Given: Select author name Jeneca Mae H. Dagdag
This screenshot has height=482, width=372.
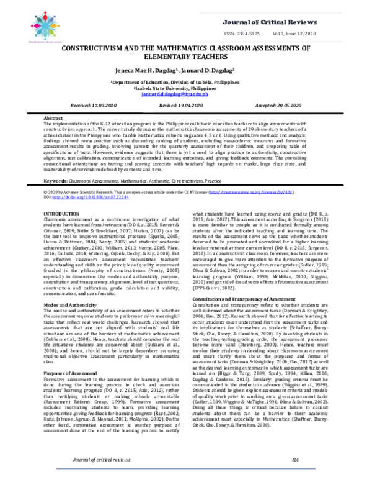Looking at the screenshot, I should (141, 71).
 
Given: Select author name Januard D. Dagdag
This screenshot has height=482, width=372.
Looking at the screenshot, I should (211, 71).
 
